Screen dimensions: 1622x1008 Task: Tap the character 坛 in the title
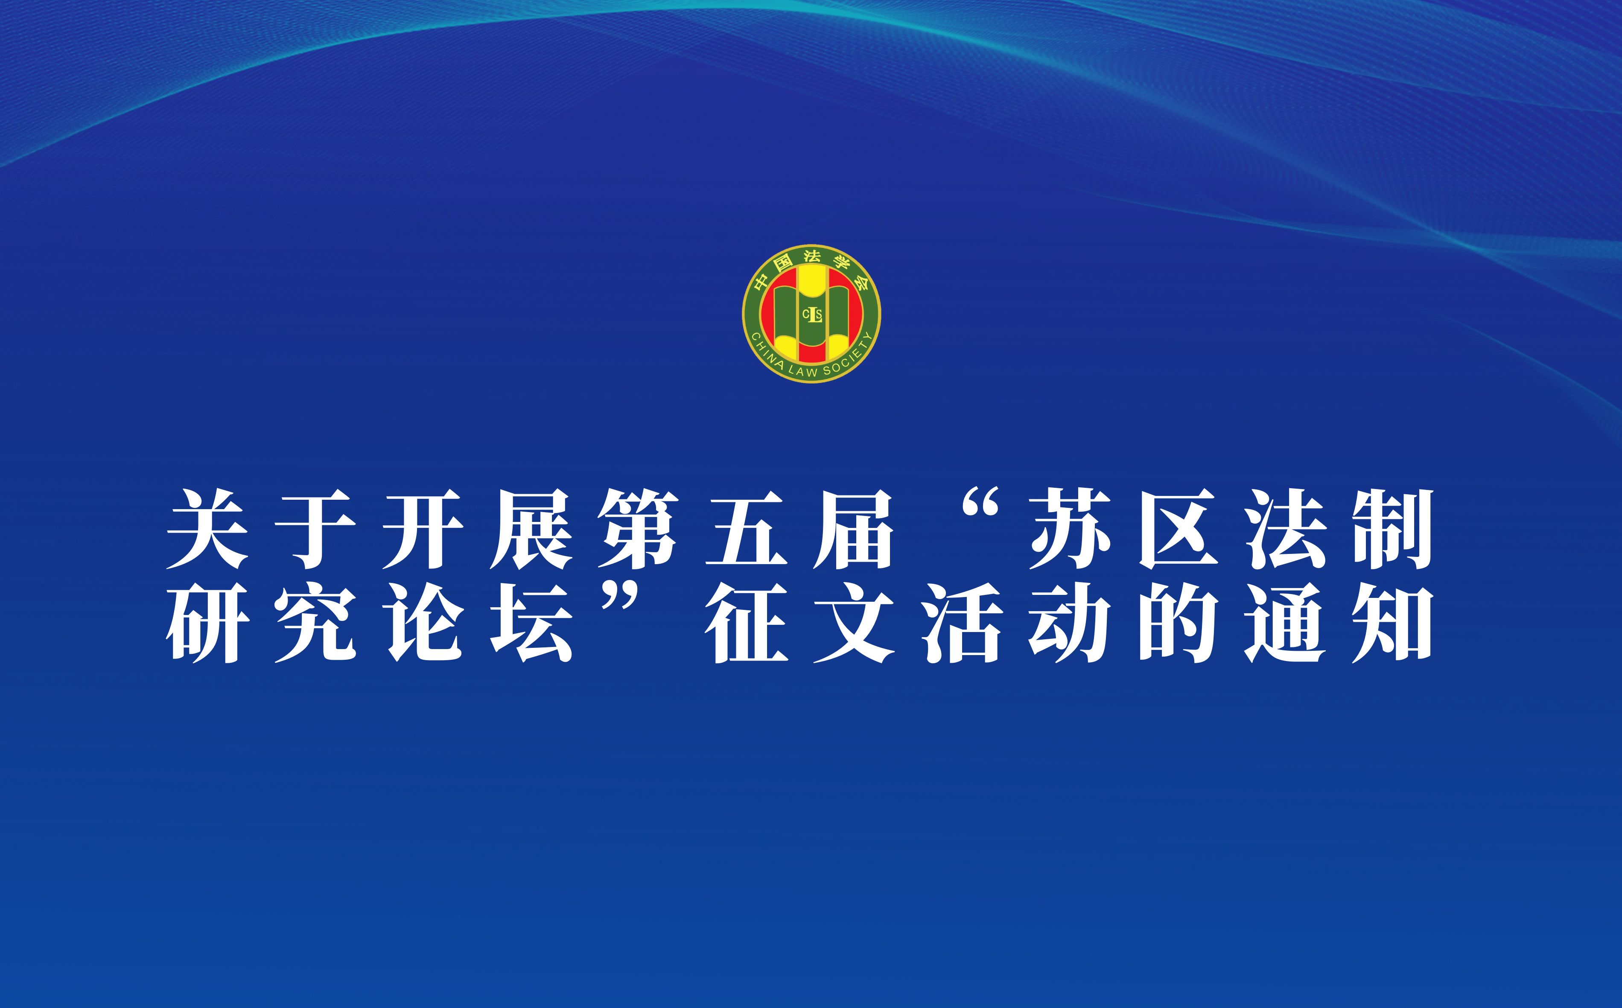click(531, 623)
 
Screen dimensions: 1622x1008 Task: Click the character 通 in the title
click(1285, 623)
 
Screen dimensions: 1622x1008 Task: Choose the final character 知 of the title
click(1393, 623)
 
